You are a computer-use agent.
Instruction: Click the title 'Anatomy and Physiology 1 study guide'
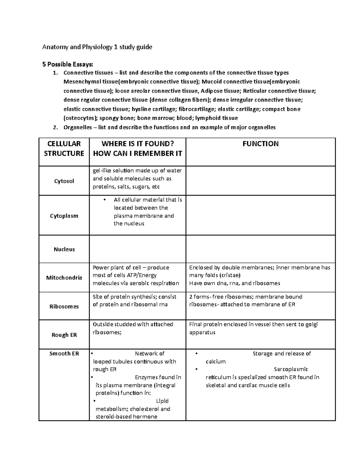tap(97, 47)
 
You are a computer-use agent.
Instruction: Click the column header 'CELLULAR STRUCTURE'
tap(64, 149)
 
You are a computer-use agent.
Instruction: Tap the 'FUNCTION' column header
tap(260, 144)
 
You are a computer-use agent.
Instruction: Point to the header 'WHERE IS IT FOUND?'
tap(138, 144)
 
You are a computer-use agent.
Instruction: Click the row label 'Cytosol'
tap(64, 181)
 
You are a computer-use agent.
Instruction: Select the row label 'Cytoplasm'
tap(64, 216)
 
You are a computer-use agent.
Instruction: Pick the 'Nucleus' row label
tap(64, 249)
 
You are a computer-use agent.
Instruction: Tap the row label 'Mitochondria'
tap(64, 278)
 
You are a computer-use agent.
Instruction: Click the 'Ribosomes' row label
tap(64, 307)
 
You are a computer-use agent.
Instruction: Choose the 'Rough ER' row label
tap(64, 335)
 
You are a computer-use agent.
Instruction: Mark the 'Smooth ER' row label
tap(64, 354)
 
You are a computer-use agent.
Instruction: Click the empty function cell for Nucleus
tap(260, 249)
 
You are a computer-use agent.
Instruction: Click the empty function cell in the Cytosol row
tap(260, 181)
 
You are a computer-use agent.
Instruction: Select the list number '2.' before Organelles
tap(55, 128)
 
